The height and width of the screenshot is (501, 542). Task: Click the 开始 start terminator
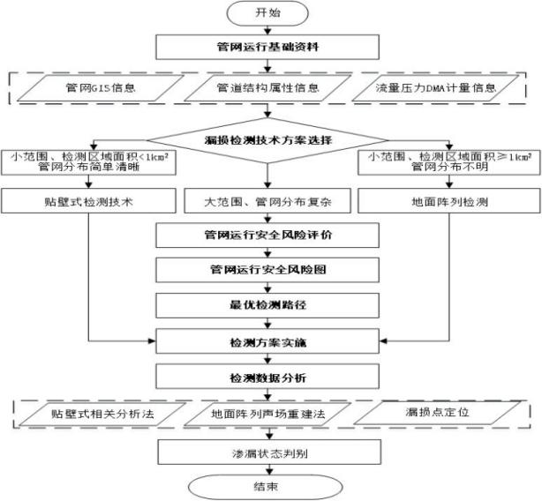point(270,15)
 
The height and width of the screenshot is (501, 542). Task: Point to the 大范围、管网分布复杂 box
point(269,199)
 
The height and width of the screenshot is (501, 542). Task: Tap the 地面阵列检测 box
point(448,199)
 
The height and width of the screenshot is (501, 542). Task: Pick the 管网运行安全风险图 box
point(270,268)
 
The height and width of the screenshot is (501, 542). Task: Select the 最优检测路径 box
point(270,303)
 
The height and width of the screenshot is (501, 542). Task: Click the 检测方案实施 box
point(270,340)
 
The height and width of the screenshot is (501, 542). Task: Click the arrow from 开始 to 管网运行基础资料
point(270,30)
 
